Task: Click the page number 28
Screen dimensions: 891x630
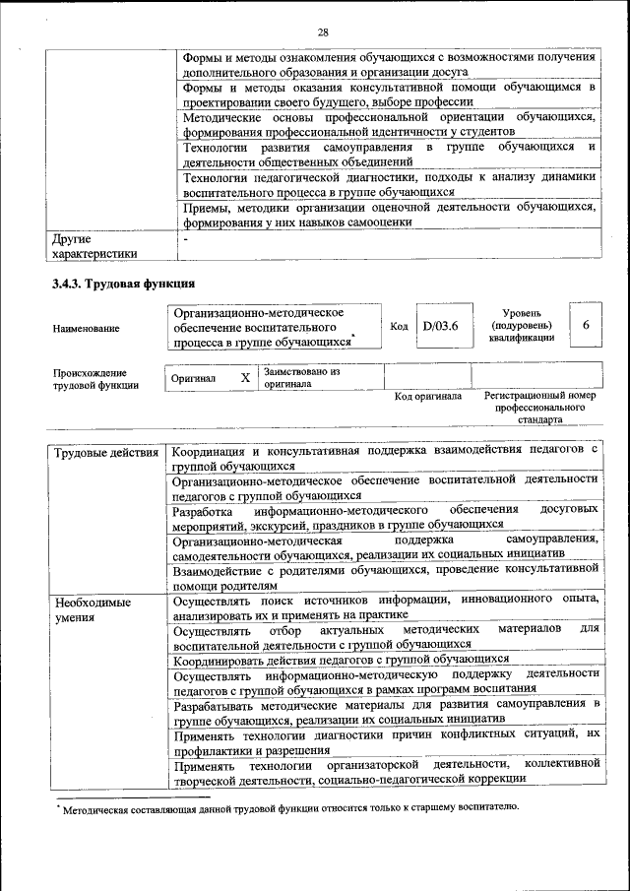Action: [322, 32]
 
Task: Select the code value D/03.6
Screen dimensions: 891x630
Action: [441, 327]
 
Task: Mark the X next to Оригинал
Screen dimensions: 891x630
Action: [245, 377]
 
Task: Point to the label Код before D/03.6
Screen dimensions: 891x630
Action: [399, 327]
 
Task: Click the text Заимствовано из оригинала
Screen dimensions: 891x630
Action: [301, 378]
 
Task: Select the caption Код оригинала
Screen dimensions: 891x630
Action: [427, 397]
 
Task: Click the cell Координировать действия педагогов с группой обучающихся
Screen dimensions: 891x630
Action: [341, 659]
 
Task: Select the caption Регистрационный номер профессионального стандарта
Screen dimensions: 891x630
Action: [539, 408]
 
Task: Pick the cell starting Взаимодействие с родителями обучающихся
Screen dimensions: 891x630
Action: [385, 576]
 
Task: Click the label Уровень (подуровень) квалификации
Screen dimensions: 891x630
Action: [521, 325]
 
